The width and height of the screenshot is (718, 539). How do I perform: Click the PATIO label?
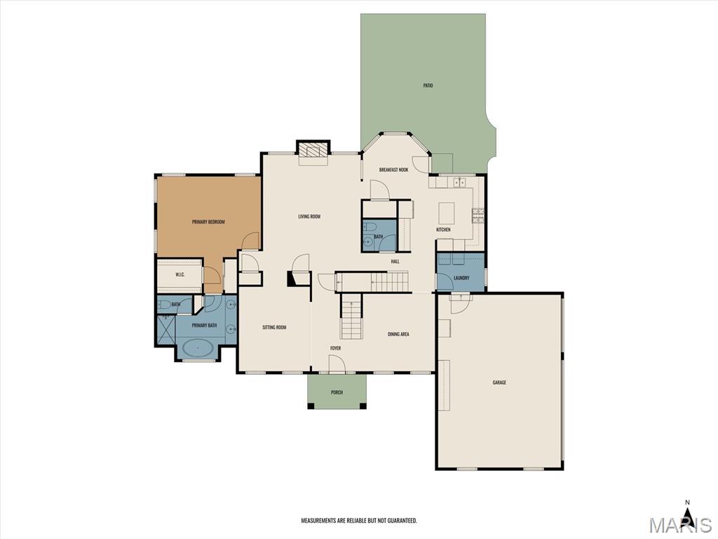[x=428, y=86]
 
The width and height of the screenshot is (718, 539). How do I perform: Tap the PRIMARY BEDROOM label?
[x=208, y=222]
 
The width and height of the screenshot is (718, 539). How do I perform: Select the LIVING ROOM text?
[x=309, y=216]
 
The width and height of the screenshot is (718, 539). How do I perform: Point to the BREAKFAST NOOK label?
[x=393, y=170]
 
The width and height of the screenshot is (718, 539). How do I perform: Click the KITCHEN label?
[x=443, y=229]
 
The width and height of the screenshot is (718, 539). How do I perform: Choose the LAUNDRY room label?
[x=461, y=278]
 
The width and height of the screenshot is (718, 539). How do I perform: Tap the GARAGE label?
[x=499, y=382]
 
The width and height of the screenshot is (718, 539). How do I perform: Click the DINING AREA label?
[x=398, y=334]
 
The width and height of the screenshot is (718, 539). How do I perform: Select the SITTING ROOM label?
[x=274, y=327]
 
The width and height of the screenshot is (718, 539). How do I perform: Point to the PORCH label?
[x=337, y=392]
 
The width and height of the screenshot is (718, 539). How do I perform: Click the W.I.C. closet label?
[x=180, y=274]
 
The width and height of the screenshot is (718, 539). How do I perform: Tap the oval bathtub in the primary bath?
[x=198, y=348]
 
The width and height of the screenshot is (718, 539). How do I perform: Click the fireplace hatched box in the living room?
[x=313, y=151]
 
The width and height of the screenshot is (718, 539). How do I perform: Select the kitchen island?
[x=447, y=212]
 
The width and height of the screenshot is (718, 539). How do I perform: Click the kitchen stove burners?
[x=477, y=215]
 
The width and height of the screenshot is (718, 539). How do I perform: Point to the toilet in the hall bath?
[x=369, y=227]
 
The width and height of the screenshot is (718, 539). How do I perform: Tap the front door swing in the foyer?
[x=337, y=364]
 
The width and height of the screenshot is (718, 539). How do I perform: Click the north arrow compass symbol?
[x=687, y=512]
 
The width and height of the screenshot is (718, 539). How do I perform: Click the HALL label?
[x=395, y=261]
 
